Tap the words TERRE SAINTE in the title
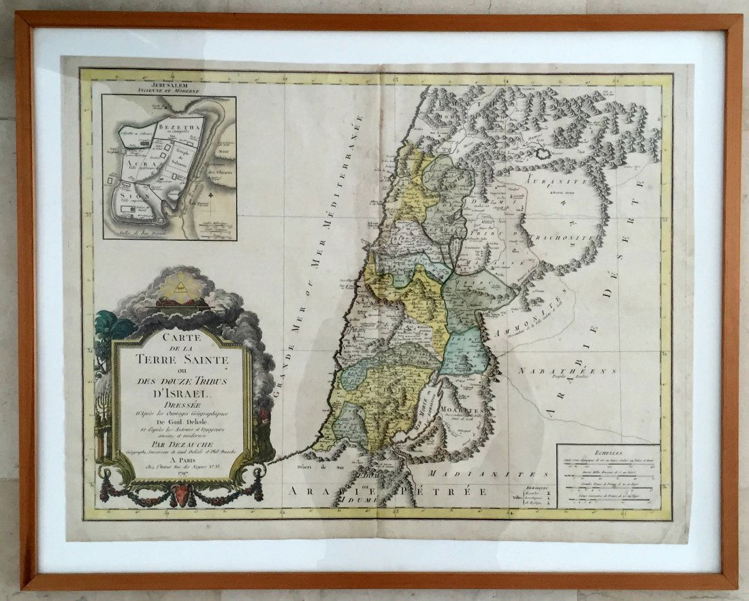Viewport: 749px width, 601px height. (x=181, y=357)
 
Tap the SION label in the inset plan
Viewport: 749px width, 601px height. (x=128, y=195)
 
